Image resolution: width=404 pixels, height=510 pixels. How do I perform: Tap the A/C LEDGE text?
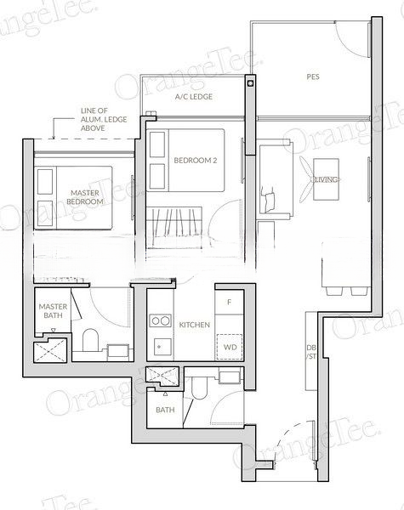tap(193, 97)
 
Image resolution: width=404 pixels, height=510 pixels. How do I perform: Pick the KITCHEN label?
tap(195, 325)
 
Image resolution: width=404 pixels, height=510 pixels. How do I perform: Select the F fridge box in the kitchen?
tap(229, 302)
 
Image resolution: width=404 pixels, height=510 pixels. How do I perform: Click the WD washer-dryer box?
tap(229, 347)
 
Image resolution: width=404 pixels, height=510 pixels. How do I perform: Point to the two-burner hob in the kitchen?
tap(159, 321)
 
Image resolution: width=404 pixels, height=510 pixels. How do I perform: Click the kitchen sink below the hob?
tap(159, 346)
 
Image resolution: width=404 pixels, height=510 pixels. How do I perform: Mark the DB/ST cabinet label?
tap(311, 352)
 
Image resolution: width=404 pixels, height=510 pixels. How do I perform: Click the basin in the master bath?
tap(120, 349)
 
